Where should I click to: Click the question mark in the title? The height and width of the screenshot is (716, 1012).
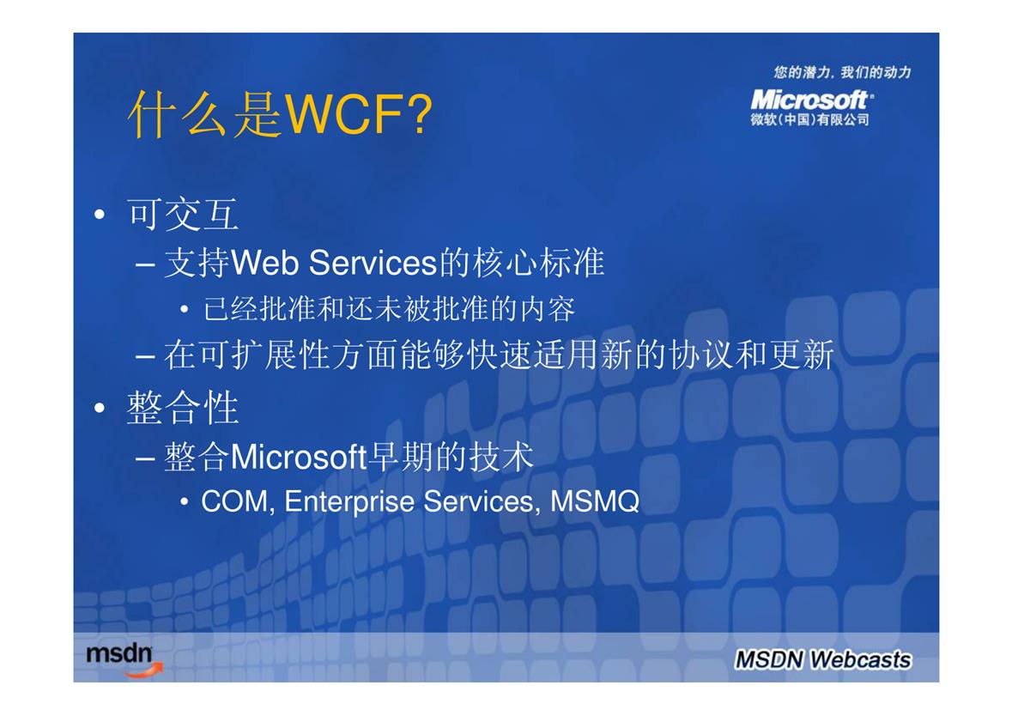tap(420, 113)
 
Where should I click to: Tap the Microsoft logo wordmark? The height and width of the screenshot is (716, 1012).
tap(811, 100)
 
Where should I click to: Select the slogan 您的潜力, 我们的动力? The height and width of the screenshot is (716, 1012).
tap(842, 72)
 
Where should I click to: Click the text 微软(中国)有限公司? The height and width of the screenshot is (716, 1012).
tap(809, 119)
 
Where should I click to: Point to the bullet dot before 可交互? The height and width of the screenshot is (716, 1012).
tap(99, 215)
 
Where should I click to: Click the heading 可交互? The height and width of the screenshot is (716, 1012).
tap(183, 215)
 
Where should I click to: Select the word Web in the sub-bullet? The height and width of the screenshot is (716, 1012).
tap(264, 263)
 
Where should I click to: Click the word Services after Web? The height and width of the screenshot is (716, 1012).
tap(373, 263)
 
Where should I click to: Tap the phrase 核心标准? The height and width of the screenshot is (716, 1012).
tap(538, 263)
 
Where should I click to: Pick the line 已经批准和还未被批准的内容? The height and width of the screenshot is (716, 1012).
tap(389, 309)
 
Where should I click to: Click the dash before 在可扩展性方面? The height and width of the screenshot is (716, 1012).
tap(145, 356)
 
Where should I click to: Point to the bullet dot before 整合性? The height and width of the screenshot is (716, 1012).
tap(99, 408)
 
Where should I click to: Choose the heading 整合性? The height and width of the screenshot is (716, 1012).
tap(183, 408)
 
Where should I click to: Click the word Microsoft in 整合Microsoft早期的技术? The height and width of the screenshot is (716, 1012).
tap(299, 457)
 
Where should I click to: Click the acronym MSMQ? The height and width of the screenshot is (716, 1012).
tap(595, 501)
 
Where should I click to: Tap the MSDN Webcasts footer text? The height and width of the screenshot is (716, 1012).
tap(823, 659)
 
